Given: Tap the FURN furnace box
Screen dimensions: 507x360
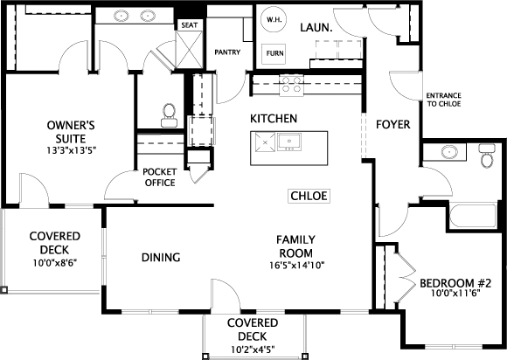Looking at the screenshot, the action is click(274, 53).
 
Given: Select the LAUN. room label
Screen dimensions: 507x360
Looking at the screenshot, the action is click(316, 28).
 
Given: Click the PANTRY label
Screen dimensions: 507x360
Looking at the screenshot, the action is click(227, 52).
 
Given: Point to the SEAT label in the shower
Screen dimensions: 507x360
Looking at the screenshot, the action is click(190, 24).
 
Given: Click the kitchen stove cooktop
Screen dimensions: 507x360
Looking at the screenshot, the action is click(292, 85).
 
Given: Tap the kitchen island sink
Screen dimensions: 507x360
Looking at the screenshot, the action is click(289, 142).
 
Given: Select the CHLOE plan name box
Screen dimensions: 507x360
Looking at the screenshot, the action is click(309, 196).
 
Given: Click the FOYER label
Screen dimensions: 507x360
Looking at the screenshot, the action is click(392, 124).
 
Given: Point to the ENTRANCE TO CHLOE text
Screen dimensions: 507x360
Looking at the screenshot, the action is click(443, 100).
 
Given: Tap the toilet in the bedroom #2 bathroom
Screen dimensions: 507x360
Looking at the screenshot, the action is click(487, 156).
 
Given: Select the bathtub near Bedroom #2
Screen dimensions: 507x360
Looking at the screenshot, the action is click(473, 216).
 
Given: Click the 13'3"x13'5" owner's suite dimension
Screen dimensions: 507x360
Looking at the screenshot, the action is click(71, 150).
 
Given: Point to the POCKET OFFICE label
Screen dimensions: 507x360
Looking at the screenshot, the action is click(160, 177).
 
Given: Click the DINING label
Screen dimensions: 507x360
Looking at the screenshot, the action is click(161, 258).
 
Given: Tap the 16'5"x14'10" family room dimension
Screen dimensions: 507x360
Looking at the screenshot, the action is click(296, 266).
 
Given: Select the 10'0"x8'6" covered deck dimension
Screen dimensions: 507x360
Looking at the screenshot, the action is click(55, 263).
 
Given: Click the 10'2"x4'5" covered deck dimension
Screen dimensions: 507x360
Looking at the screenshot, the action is click(253, 350).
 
